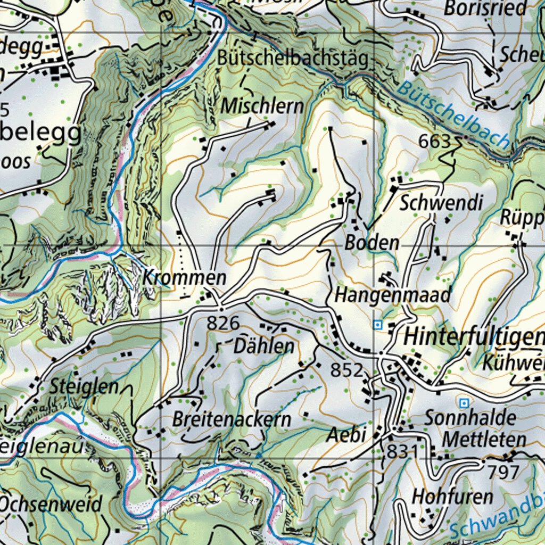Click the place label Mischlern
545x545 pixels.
pyautogui.click(x=262, y=106)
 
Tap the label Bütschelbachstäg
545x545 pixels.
pyautogui.click(x=293, y=59)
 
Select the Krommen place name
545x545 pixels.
pyautogui.click(x=185, y=278)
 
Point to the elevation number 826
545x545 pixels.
pyautogui.click(x=223, y=323)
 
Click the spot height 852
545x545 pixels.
pyautogui.click(x=346, y=370)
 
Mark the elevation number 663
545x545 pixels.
pyautogui.click(x=434, y=142)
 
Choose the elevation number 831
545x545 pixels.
pyautogui.click(x=402, y=451)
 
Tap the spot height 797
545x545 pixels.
pyautogui.click(x=503, y=472)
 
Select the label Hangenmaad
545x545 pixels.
pyautogui.click(x=393, y=294)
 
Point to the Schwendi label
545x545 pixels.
pyautogui.click(x=441, y=203)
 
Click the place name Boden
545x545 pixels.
pyautogui.click(x=372, y=243)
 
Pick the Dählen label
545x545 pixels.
pyautogui.click(x=264, y=346)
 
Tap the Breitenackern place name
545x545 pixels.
pyautogui.click(x=232, y=419)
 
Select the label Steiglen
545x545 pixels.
pyautogui.click(x=84, y=387)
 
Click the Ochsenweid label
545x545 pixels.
pyautogui.click(x=51, y=504)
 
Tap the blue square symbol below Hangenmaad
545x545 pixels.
pyautogui.click(x=378, y=324)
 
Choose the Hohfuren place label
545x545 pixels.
pyautogui.click(x=453, y=497)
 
